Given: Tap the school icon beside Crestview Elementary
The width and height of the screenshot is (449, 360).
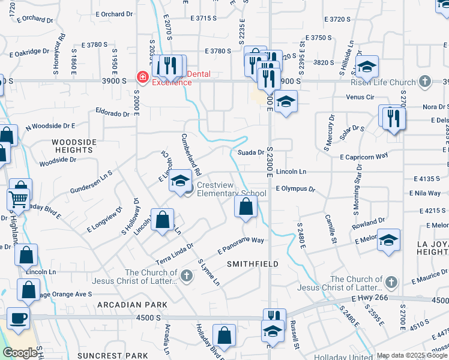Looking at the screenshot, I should point(180,181).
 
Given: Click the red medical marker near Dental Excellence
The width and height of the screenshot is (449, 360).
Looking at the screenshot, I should point(142,77).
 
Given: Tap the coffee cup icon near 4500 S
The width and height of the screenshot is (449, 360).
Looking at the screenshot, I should point(18,318).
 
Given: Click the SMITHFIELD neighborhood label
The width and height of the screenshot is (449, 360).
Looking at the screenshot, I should point(252,263).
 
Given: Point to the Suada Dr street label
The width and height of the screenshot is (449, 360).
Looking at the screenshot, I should point(251,152).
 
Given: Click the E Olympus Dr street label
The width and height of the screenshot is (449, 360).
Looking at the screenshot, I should point(295,188).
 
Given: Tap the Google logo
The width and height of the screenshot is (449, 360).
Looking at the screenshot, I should point(20,353).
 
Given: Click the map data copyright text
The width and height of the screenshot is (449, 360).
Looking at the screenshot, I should point(412,355).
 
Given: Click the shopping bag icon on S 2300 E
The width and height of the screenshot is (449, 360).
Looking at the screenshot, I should point(246,208).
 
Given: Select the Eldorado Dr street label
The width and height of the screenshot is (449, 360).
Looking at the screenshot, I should point(113,112).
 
